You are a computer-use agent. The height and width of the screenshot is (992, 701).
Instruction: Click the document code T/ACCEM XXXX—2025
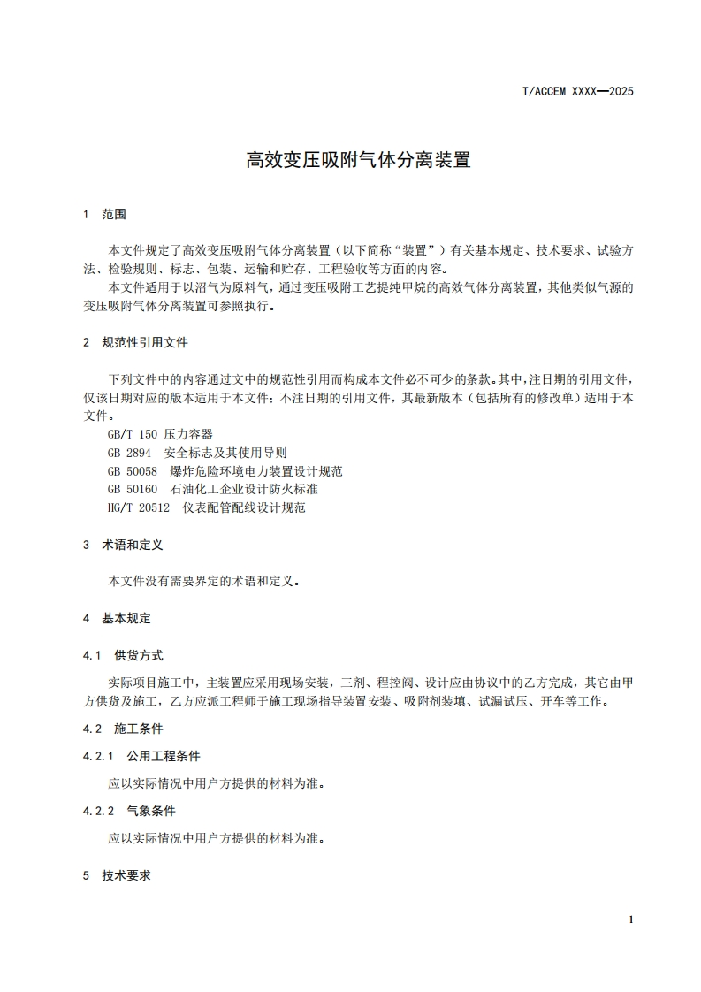tap(579, 91)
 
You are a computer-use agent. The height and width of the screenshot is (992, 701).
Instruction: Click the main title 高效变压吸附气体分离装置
tap(358, 160)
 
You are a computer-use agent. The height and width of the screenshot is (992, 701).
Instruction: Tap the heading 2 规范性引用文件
tap(134, 342)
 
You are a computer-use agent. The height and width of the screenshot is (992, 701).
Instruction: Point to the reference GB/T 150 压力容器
tap(158, 435)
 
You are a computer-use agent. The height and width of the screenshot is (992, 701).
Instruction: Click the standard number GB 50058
tap(132, 471)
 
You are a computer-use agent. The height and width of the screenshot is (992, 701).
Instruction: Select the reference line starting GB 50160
tap(208, 489)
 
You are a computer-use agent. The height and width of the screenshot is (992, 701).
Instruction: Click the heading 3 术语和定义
tap(123, 546)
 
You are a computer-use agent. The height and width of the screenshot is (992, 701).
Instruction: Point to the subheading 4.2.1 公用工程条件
tap(141, 756)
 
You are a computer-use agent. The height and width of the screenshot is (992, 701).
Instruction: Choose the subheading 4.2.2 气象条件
tap(129, 811)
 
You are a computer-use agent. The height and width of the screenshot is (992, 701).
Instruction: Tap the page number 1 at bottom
tap(630, 920)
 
